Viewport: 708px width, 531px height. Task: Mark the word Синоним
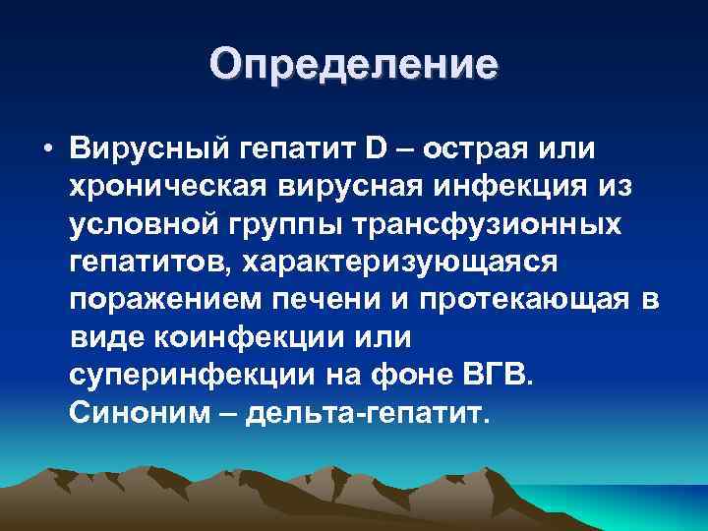coord(130,412)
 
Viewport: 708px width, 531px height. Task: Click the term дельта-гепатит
coord(366,412)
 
